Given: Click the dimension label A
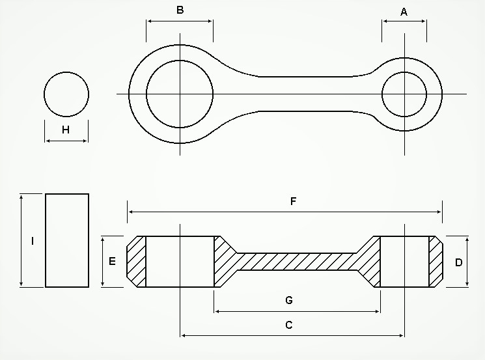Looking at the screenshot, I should click(x=404, y=12).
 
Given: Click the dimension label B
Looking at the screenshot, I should click(x=180, y=10).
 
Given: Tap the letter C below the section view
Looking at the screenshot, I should click(x=289, y=325).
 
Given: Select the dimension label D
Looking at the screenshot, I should click(x=458, y=262).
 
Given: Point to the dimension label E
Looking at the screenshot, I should click(x=112, y=261).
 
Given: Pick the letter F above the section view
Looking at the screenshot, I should click(x=293, y=201).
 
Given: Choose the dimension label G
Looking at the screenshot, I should click(x=289, y=300).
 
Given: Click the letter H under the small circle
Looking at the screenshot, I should click(x=66, y=130).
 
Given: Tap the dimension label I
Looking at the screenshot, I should click(x=33, y=241).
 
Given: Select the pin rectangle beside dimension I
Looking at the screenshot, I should click(x=67, y=240).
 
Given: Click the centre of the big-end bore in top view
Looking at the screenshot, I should click(x=180, y=94).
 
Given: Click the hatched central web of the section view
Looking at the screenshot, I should click(x=296, y=262).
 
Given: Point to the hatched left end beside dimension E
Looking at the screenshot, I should click(x=136, y=262).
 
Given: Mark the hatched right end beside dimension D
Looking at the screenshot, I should click(x=435, y=262).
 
